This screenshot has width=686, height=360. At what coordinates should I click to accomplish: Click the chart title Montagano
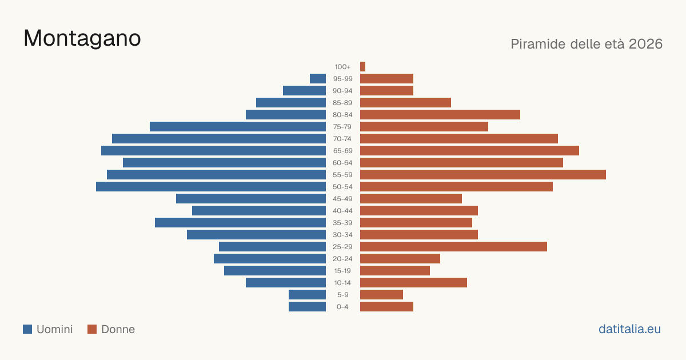point(82,38)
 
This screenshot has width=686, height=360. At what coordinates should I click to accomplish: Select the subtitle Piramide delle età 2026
point(587,44)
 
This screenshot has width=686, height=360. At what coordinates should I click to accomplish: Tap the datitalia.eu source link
point(629,329)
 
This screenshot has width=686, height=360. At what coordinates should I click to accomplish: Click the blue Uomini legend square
point(27,329)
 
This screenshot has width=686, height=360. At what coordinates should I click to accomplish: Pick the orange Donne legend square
point(92,329)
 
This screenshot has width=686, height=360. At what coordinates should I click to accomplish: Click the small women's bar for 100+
point(362,67)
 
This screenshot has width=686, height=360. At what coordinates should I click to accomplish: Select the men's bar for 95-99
point(318,79)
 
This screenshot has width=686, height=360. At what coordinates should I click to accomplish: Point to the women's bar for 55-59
point(483,174)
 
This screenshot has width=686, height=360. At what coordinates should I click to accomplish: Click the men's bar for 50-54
point(211,187)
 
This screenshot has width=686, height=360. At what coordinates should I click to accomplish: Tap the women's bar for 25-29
point(453,247)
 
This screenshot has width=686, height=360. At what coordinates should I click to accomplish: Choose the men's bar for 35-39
point(241,222)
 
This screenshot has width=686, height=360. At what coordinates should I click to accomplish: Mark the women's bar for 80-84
point(440,115)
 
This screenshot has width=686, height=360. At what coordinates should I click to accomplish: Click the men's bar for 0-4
point(307,307)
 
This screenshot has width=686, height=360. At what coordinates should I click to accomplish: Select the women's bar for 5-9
point(382,295)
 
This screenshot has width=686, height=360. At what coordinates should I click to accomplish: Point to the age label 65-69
point(342,151)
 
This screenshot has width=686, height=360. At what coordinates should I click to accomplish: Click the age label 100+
point(342,67)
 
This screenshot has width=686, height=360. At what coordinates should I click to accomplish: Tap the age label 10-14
point(342,283)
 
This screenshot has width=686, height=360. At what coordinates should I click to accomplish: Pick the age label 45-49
point(342,199)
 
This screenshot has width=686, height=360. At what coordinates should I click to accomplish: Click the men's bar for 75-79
point(238,127)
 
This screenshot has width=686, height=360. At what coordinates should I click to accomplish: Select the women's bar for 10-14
point(413,282)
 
